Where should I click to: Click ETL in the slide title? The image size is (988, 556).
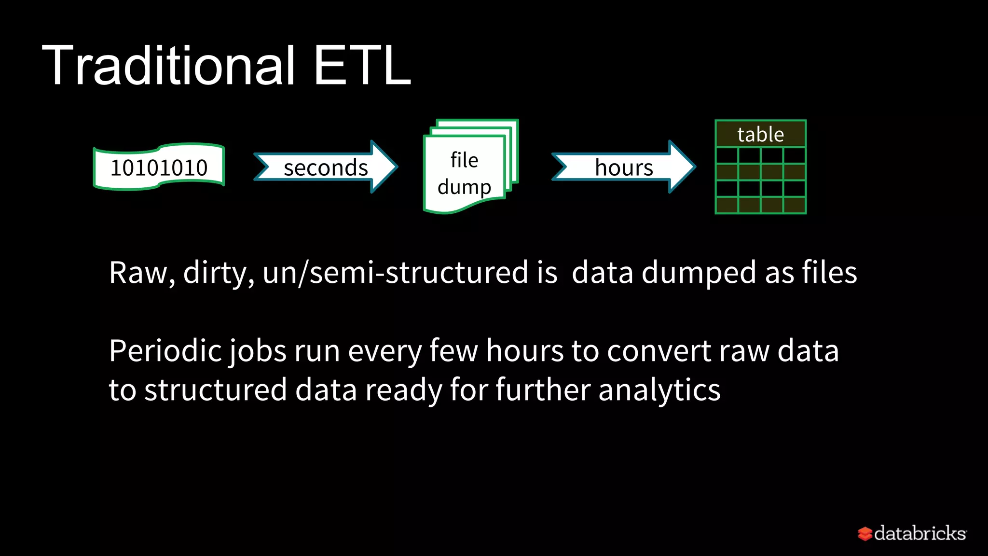[362, 66]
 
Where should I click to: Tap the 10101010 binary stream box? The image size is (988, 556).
[159, 167]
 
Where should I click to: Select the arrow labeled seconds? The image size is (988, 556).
[326, 167]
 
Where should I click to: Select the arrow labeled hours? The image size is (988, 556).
[623, 167]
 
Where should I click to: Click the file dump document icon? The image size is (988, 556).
[465, 173]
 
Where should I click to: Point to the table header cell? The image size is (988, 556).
[760, 134]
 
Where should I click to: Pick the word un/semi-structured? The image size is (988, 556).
[396, 273]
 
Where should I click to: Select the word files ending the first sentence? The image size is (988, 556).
[829, 273]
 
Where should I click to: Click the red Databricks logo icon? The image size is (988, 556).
[864, 534]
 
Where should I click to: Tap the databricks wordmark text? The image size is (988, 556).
[919, 533]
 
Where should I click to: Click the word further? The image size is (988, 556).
[543, 390]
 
